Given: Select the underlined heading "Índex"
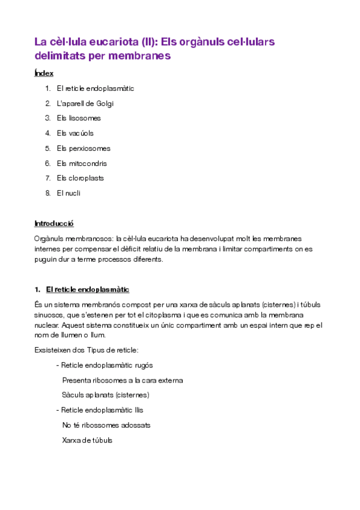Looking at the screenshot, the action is click(44, 73).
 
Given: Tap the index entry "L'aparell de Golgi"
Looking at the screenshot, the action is click(85, 103).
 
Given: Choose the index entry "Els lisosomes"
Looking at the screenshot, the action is click(79, 118).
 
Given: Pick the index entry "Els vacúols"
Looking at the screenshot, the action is click(75, 134).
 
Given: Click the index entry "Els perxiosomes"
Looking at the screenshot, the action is click(84, 149).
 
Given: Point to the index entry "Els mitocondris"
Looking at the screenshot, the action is click(82, 164).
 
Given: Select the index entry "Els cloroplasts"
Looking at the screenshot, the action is click(80, 179).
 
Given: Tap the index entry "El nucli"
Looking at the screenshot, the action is click(69, 194).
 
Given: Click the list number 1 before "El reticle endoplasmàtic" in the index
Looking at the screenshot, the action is click(47, 88).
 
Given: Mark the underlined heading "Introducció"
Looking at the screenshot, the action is click(54, 224).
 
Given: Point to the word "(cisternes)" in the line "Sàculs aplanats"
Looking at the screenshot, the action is click(132, 395).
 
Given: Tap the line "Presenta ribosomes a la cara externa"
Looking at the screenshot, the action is click(122, 380).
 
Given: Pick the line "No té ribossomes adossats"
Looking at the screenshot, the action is click(106, 425).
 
